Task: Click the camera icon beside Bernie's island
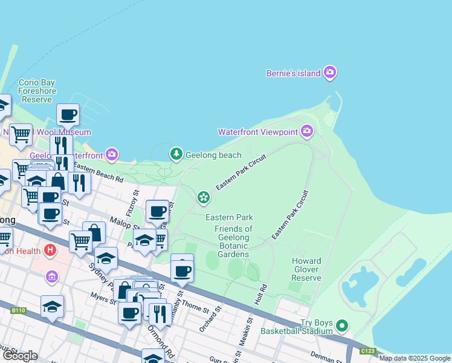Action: pos(329,73)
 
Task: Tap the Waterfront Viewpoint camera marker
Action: pos(307,131)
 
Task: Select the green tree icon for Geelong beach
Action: pos(176,155)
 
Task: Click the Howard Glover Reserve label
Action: pos(306,269)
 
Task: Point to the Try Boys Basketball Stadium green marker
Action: pos(342,327)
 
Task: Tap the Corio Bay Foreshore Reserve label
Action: pos(37,91)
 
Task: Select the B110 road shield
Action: pos(19,310)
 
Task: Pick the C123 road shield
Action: pos(367,351)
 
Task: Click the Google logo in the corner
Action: pos(20,356)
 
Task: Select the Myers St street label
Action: pos(104,299)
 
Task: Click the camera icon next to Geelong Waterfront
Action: pos(112,155)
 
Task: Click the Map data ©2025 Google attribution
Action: pos(415,358)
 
